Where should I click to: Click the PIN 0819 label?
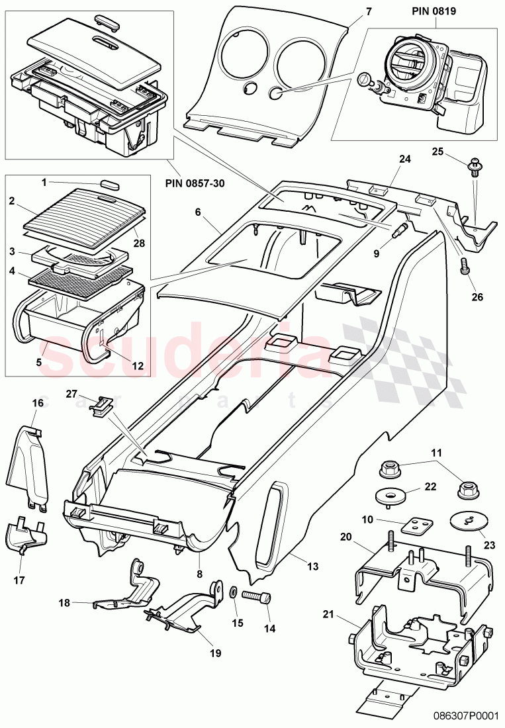click(x=436, y=12)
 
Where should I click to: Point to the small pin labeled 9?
click(x=400, y=231)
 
